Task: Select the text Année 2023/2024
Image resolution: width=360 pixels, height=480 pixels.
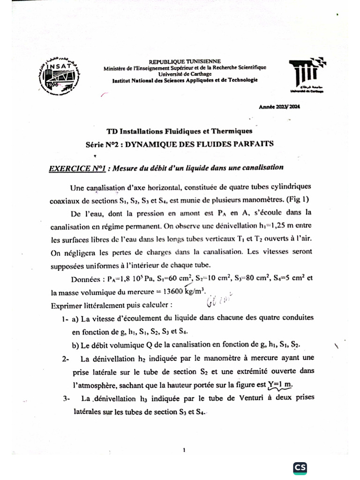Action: (279, 107)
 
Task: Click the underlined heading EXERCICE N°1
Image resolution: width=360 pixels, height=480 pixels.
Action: (76, 168)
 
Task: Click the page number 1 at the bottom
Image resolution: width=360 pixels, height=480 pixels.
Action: (185, 450)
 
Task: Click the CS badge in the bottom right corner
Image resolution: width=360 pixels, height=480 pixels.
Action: (300, 468)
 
